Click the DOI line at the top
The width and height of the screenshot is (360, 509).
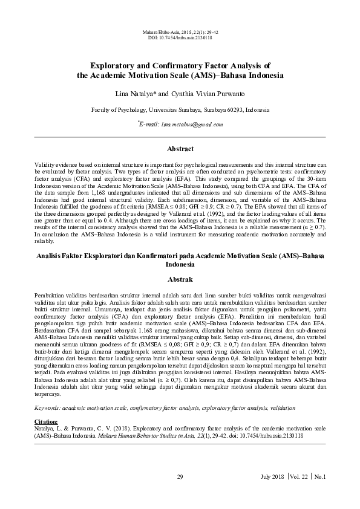[x=180, y=37]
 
